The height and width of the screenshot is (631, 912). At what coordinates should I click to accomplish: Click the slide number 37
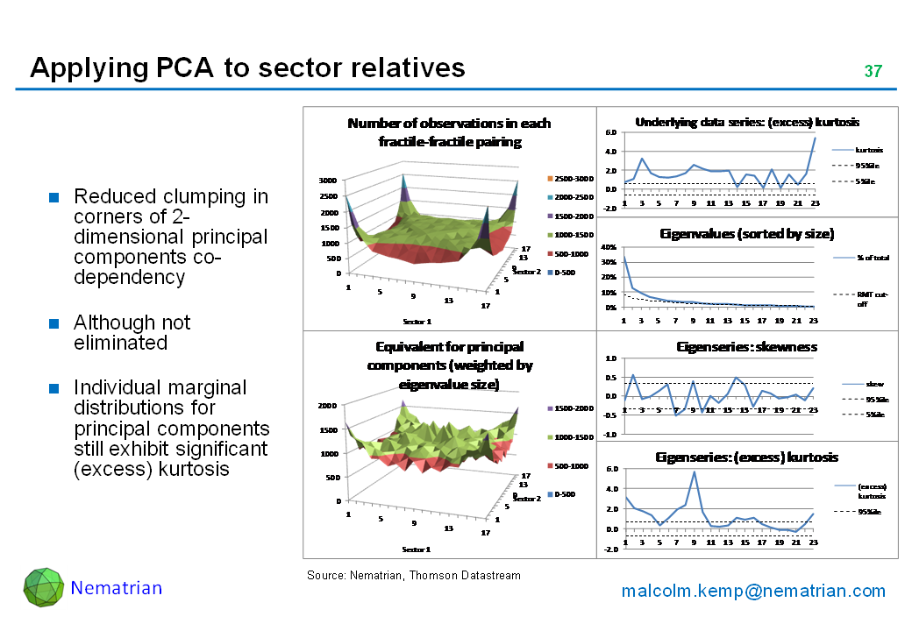tap(873, 71)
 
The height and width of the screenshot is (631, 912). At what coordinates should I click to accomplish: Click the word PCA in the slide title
tap(183, 68)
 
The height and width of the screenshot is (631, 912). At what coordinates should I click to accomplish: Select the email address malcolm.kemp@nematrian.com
tap(753, 591)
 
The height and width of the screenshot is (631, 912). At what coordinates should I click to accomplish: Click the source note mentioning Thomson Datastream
tap(413, 576)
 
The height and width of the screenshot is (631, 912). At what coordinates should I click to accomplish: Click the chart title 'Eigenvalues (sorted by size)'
tap(746, 234)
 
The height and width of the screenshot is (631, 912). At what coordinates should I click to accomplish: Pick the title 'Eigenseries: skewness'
tap(746, 347)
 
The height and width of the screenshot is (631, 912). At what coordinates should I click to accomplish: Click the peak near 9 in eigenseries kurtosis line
tap(695, 472)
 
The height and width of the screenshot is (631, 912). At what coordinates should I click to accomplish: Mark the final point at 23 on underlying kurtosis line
tap(815, 138)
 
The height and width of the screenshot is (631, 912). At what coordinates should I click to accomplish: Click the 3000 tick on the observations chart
tap(328, 181)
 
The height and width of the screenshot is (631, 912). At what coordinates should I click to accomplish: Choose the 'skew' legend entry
tap(873, 384)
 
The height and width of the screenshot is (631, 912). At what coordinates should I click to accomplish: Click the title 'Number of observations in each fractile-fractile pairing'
tap(449, 132)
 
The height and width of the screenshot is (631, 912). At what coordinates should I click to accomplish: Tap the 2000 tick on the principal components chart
tap(328, 406)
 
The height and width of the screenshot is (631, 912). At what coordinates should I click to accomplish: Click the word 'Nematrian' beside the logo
tap(117, 588)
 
